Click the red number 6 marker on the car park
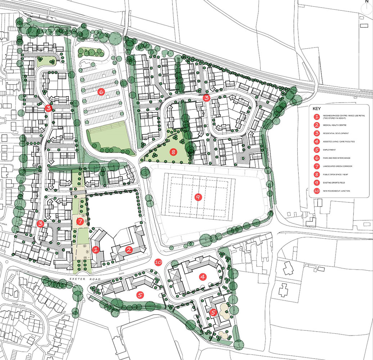pos(101,92)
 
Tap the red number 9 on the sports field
pos(197,197)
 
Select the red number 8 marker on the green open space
pos(174,152)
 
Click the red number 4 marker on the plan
pos(203,277)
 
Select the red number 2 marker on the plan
pos(128,249)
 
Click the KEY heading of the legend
pos(316,108)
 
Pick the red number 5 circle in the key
pos(316,150)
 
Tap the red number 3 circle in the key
pos(316,133)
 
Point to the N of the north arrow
pos(367,1)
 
